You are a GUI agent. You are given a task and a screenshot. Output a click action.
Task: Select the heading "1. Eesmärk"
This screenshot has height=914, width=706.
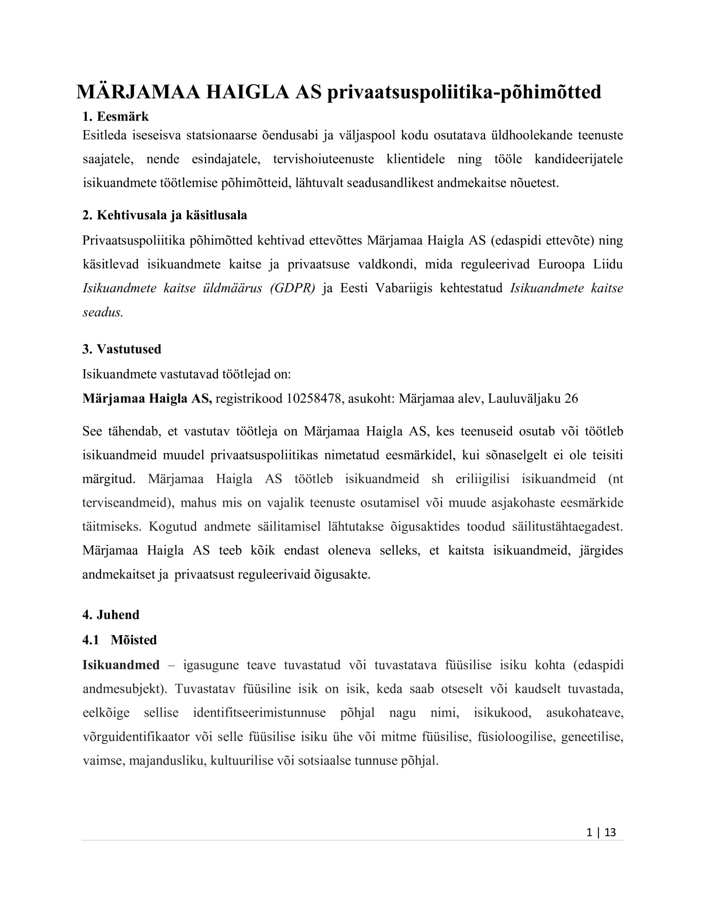[x=116, y=116]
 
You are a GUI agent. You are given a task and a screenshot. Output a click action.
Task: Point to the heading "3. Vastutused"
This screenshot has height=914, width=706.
[x=122, y=349]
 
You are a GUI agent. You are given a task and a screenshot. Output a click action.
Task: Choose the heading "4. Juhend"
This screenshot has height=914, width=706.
[x=111, y=615]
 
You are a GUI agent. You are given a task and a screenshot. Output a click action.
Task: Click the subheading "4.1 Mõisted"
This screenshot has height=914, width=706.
[x=120, y=640]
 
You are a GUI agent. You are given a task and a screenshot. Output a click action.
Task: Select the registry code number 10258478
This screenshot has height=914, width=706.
[x=314, y=398]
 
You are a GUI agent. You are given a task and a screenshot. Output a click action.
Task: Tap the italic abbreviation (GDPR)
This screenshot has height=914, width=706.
[x=293, y=288]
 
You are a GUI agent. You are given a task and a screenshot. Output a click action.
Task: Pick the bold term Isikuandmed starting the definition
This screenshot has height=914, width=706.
[x=121, y=665]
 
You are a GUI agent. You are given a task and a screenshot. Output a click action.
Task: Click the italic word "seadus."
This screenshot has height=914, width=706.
[x=103, y=313]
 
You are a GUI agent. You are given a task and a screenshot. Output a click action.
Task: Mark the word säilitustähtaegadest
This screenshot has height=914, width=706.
[x=568, y=527]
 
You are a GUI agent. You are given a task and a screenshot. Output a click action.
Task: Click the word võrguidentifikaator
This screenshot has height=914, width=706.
[x=136, y=737]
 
